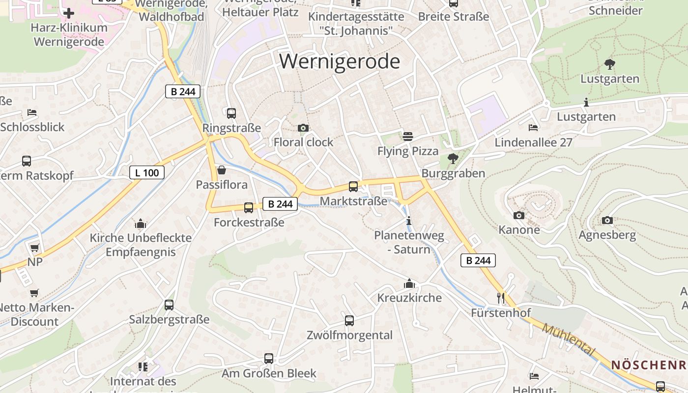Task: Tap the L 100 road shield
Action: [x=147, y=172]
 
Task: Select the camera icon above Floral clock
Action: [x=303, y=128]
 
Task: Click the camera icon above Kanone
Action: [x=518, y=215]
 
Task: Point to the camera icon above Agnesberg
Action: [x=607, y=221]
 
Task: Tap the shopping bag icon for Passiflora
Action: [x=222, y=170]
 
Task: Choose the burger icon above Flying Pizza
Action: [x=408, y=136]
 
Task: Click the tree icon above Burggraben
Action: [x=453, y=159]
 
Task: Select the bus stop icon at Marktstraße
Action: [x=353, y=187]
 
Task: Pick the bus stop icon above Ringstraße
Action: [x=231, y=113]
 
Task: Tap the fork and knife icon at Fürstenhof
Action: [x=501, y=298]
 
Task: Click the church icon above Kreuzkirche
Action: [x=409, y=283]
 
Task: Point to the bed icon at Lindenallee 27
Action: [x=533, y=128]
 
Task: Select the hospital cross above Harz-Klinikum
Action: [x=69, y=13]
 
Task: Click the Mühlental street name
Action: [x=569, y=340]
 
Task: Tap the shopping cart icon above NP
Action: [x=34, y=248]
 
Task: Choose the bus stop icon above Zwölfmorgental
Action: [x=349, y=321]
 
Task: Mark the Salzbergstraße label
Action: [x=169, y=319]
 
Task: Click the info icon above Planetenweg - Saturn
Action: [x=409, y=221]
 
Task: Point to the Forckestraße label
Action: [x=249, y=222]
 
